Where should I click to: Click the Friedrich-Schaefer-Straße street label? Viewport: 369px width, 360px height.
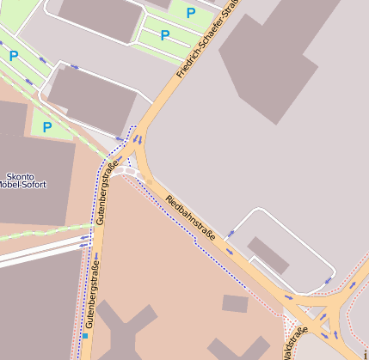(x=206, y=41)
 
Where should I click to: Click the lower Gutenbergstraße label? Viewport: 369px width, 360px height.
(x=92, y=297)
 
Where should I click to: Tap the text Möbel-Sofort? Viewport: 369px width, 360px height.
(x=24, y=185)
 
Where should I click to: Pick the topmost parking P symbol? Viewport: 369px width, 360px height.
(x=191, y=13)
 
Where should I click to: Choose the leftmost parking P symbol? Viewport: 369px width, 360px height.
(x=14, y=56)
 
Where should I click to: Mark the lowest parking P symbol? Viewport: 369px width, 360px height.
(x=47, y=127)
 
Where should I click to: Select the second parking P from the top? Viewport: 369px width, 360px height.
(x=164, y=36)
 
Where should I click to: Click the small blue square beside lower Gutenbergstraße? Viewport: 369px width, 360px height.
(x=85, y=335)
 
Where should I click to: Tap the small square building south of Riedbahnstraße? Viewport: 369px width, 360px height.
(x=235, y=302)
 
